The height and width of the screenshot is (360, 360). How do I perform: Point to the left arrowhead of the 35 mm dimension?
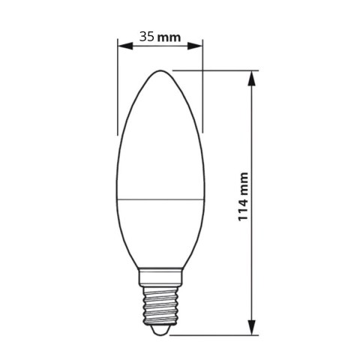pyautogui.click(x=122, y=45)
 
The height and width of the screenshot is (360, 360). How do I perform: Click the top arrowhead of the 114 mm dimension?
pyautogui.click(x=253, y=76)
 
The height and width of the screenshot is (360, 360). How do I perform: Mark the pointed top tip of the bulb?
pyautogui.click(x=160, y=71)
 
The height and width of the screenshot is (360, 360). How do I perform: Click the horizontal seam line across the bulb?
pyautogui.click(x=160, y=199)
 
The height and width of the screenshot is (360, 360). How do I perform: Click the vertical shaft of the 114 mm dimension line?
pyautogui.click(x=253, y=150)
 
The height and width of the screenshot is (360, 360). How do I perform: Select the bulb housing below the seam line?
pyautogui.click(x=160, y=232)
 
